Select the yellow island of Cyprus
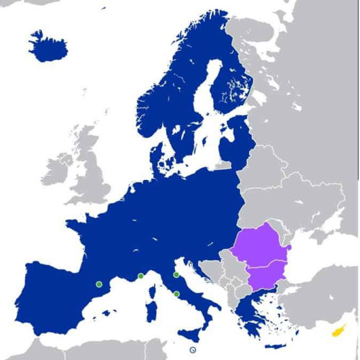[336, 330]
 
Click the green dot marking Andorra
[99, 284]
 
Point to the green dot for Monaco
[141, 276]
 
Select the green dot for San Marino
[176, 275]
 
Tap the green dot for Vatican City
[176, 294]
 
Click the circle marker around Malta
[192, 350]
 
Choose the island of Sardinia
[152, 313]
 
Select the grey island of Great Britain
[89, 173]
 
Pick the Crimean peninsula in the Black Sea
[317, 246]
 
